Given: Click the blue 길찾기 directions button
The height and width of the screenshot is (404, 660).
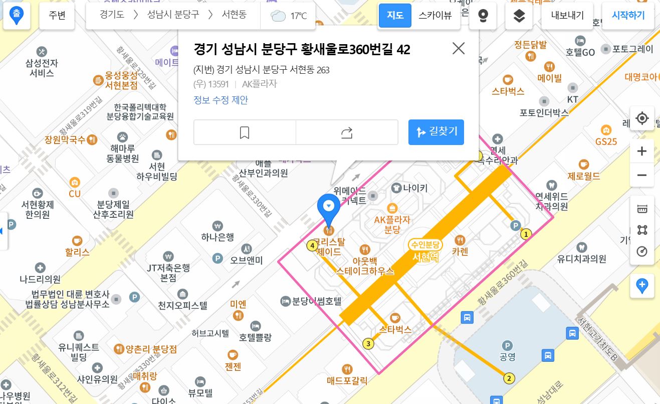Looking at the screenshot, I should point(436,132).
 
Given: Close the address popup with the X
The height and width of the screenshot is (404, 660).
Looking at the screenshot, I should point(458,48).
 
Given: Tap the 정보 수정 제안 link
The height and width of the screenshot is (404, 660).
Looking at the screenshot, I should point(221,100).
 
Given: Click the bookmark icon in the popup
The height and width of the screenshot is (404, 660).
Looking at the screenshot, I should point(245,132).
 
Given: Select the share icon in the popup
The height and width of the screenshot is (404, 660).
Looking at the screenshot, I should point(347,132).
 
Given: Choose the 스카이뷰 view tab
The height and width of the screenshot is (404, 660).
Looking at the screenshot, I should point(435,15).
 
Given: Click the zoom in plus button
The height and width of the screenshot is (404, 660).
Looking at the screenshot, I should point(642,151).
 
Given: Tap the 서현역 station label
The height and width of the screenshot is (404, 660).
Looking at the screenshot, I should point(425,256).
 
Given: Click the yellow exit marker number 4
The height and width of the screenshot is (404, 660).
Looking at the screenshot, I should point(313,246).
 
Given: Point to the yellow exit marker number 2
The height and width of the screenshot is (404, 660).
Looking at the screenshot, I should point(509,378).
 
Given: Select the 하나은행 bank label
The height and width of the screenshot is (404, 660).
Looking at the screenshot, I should point(217,236).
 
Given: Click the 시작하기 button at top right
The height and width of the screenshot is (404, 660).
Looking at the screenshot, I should point(628,15).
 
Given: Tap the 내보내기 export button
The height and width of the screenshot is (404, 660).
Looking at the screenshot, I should point(567,15).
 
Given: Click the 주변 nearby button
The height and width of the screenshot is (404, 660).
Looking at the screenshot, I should point(57,15).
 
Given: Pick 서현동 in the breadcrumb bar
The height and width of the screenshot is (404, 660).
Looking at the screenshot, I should point(234,15).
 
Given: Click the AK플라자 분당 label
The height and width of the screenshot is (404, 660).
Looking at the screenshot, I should point(392,224).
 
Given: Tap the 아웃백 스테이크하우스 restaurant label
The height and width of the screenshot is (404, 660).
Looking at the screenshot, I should point(365,266).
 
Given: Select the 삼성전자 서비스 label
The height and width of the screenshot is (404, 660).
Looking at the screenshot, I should point(42,68).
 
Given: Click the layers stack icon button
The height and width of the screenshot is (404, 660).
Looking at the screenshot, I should point(519,15).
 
